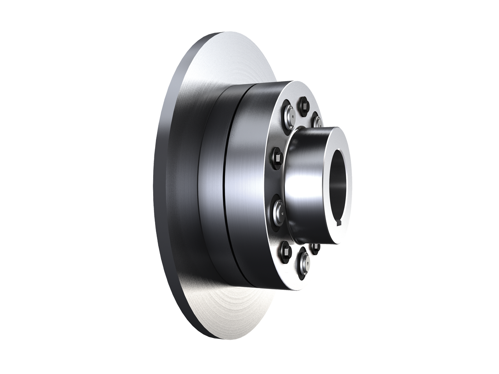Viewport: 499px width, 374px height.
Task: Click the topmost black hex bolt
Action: [x=304, y=104]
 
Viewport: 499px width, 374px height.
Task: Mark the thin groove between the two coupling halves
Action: [x=231, y=187]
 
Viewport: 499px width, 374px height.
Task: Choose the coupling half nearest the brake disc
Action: [x=212, y=187]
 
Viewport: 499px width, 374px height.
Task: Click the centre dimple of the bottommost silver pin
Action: [x=304, y=265]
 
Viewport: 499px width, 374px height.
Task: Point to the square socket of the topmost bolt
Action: [x=304, y=104]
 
